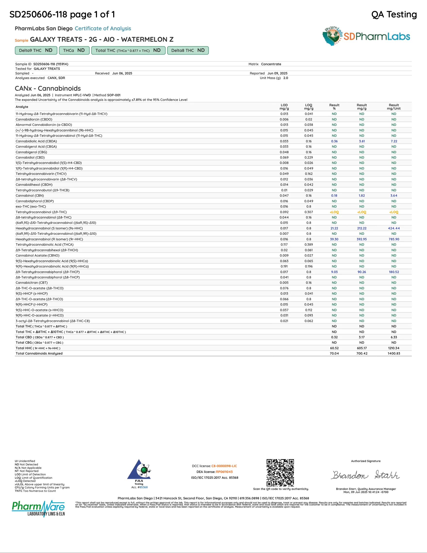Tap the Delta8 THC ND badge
(x=188, y=50)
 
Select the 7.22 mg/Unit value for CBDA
(x=393, y=141)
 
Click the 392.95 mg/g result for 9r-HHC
(x=362, y=239)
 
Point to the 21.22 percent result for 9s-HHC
(x=334, y=228)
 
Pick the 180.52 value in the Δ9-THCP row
(x=393, y=272)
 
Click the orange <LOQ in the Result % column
(x=334, y=212)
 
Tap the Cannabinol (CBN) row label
(x=30, y=196)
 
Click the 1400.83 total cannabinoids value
(x=393, y=353)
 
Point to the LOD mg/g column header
(x=284, y=107)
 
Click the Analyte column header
(x=22, y=107)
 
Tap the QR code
(x=280, y=472)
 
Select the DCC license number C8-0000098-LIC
(x=224, y=466)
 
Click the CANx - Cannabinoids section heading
(x=48, y=88)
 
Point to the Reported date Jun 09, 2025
(x=277, y=73)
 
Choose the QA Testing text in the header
(x=394, y=15)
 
